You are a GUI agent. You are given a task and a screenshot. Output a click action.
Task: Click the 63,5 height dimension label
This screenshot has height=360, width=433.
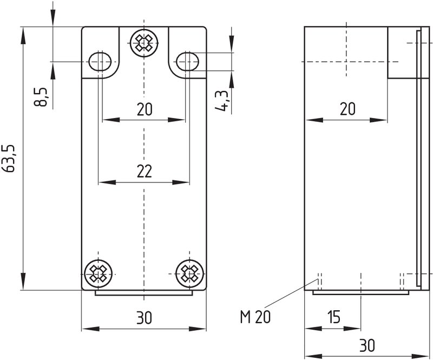pyautogui.click(x=10, y=159)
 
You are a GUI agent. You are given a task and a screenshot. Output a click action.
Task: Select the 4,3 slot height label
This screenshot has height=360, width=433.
pyautogui.click(x=222, y=101)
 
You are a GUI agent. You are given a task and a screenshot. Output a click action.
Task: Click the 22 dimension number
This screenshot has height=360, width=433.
pyautogui.click(x=145, y=171)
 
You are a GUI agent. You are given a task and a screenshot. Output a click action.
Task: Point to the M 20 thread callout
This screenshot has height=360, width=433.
pyautogui.click(x=255, y=317)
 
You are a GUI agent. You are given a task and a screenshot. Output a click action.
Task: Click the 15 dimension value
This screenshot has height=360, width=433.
pyautogui.click(x=333, y=317)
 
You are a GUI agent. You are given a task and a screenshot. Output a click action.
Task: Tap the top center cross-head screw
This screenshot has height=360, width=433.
pyautogui.click(x=144, y=43)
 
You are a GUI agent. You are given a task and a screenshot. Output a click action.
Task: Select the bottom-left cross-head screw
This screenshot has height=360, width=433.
pyautogui.click(x=99, y=274)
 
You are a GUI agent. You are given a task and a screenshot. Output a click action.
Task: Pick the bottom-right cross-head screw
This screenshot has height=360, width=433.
pyautogui.click(x=190, y=274)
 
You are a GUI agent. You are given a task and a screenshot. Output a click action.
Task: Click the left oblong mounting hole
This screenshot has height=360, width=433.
pyautogui.click(x=100, y=61)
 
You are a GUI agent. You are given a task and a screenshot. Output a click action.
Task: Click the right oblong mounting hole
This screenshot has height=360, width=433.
pyautogui.click(x=188, y=61)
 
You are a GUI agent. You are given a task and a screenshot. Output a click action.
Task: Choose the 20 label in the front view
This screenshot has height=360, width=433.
pyautogui.click(x=145, y=109)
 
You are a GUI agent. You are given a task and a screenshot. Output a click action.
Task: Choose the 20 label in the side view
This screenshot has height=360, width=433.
pyautogui.click(x=347, y=109)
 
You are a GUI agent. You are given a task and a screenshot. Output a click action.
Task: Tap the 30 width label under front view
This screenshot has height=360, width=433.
pyautogui.click(x=144, y=318)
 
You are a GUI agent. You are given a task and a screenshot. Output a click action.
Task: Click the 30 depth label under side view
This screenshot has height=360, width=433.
pyautogui.click(x=367, y=345)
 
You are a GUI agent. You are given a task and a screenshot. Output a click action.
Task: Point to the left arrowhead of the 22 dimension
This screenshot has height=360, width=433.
pyautogui.click(x=107, y=182)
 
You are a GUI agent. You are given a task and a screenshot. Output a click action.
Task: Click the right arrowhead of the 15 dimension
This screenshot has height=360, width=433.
pyautogui.click(x=352, y=329)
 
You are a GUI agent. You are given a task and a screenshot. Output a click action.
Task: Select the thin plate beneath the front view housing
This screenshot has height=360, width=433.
pyautogui.click(x=144, y=293)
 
